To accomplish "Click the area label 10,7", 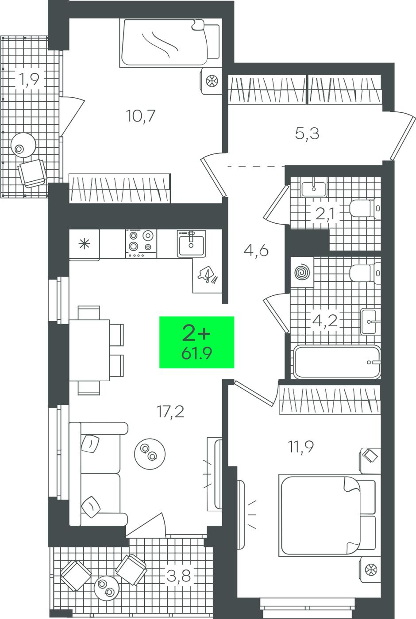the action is [x=141, y=116].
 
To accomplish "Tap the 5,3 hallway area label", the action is [x=307, y=134].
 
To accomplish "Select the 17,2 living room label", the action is [x=170, y=412].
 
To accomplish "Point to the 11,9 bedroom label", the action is [x=301, y=447].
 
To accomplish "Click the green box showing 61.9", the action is [x=196, y=342].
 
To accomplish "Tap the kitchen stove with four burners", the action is [x=141, y=244].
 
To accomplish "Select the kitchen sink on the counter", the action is [x=191, y=244].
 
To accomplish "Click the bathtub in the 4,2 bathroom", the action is [x=337, y=362].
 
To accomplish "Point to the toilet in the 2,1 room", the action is [x=365, y=208].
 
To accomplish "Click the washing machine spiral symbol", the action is [x=302, y=272].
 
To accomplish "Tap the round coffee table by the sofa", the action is [x=150, y=454].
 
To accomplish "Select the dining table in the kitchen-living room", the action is [x=89, y=350].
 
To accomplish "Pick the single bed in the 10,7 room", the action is [x=170, y=43].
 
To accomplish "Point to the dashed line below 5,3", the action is [x=256, y=166].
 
